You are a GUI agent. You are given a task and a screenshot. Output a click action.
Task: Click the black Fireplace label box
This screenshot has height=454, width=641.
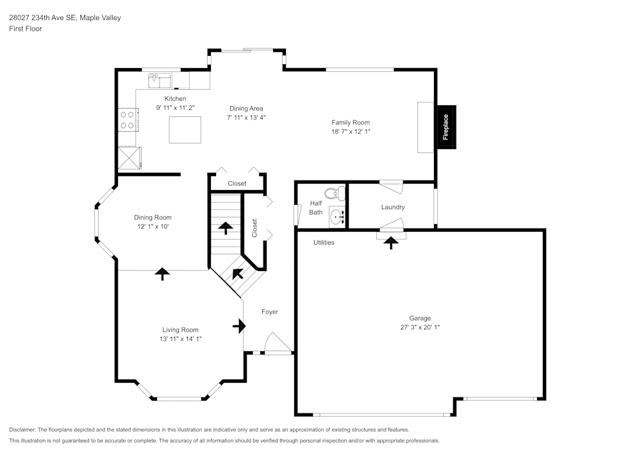(x=446, y=127)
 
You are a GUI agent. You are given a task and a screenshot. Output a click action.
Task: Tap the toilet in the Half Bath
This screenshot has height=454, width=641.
(x=332, y=193)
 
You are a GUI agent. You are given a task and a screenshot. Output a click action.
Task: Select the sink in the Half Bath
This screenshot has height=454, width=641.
(x=337, y=216)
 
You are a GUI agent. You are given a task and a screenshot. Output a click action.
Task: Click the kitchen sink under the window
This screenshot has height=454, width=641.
(x=160, y=80)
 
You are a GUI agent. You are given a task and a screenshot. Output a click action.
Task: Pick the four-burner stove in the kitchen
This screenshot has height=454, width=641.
(x=127, y=119)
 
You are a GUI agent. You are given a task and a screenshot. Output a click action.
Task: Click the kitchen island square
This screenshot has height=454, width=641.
(x=185, y=130)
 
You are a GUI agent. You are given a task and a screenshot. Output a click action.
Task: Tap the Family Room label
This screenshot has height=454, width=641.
(x=350, y=123)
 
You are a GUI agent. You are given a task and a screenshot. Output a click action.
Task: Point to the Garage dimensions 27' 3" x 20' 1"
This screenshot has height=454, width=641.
(x=420, y=327)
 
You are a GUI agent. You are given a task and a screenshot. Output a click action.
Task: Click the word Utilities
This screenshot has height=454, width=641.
(x=324, y=243)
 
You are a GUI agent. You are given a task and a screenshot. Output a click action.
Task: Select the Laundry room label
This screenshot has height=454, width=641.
(x=392, y=207)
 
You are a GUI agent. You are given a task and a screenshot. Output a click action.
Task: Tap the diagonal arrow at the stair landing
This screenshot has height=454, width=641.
(x=238, y=274)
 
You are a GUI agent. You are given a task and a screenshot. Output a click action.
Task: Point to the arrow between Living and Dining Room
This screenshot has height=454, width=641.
(x=162, y=274)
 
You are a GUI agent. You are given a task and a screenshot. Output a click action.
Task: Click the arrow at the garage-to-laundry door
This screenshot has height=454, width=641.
(x=390, y=242)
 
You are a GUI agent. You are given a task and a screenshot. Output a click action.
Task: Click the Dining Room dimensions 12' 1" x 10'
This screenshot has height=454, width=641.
(x=153, y=227)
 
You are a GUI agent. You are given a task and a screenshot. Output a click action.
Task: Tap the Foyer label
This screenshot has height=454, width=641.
(x=270, y=312)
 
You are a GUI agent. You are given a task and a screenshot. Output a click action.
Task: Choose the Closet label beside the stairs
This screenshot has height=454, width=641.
(x=254, y=228)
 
